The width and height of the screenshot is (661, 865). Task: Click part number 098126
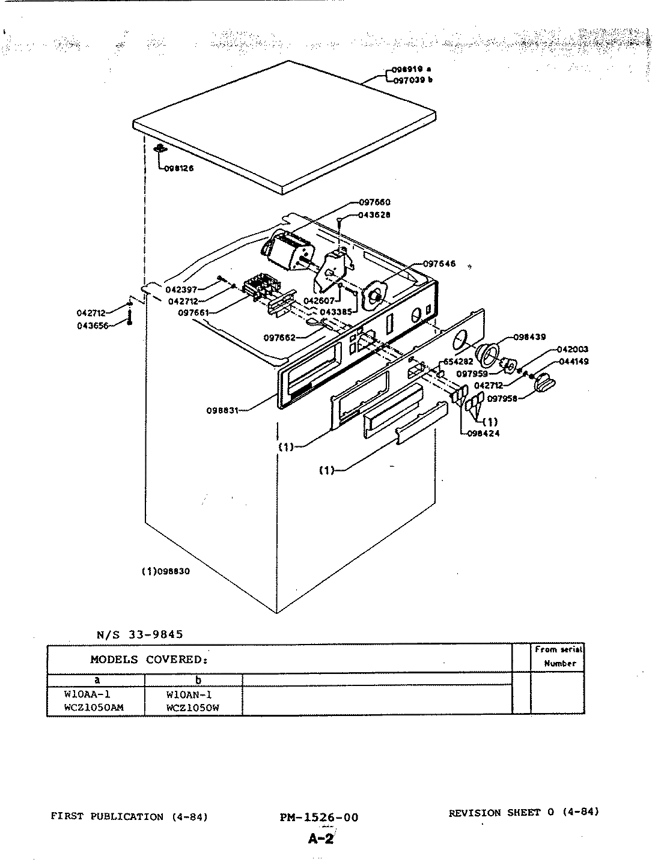click(x=180, y=169)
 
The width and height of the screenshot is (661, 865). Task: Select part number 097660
click(x=375, y=203)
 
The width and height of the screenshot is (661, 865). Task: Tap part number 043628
click(x=374, y=215)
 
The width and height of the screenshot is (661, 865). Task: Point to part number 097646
click(x=439, y=264)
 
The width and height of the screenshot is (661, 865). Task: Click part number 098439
click(x=528, y=337)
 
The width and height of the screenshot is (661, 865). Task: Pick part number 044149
click(x=573, y=362)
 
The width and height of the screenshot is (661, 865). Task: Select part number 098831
click(x=222, y=411)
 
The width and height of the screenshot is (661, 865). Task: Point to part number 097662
click(x=279, y=338)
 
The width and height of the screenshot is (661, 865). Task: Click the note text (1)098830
click(x=165, y=572)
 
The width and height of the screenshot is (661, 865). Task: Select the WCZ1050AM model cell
click(x=94, y=708)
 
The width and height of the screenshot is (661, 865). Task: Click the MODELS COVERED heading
click(x=149, y=659)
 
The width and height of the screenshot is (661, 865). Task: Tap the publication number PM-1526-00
click(x=318, y=818)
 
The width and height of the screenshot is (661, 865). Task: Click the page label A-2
click(x=320, y=839)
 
